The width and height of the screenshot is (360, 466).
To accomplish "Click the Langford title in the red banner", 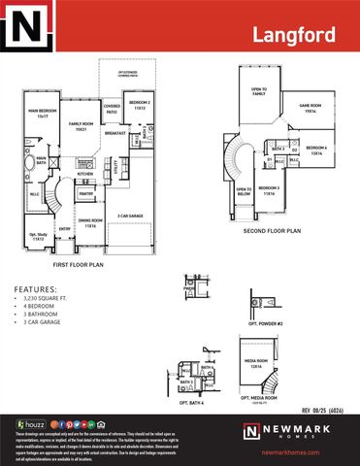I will click(x=293, y=36).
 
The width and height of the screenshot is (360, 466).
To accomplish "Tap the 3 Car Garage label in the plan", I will click(x=131, y=216).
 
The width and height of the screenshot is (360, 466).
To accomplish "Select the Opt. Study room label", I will click(x=38, y=236).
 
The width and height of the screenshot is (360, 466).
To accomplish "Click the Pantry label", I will click(x=86, y=194).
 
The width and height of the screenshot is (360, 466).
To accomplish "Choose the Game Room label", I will click(x=310, y=108).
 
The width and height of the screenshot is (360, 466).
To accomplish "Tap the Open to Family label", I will click(x=257, y=89).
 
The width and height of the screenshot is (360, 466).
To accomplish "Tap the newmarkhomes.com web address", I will click(x=290, y=452).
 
